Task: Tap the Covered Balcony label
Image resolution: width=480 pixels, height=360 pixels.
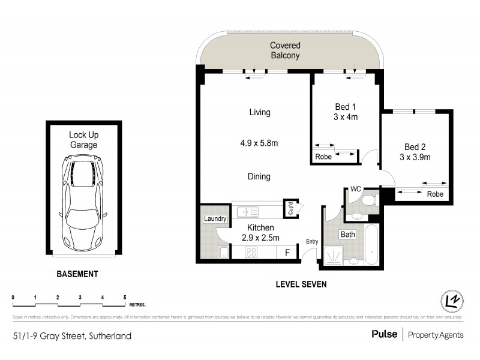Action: [285, 50]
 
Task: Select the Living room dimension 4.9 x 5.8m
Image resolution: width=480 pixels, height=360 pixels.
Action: [259, 143]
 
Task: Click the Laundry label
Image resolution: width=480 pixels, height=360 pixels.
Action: [215, 219]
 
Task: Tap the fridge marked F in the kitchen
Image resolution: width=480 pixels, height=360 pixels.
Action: [287, 253]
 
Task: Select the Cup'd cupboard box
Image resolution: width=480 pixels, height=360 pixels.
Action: [290, 208]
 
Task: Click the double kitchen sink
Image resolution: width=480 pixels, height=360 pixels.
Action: [247, 211]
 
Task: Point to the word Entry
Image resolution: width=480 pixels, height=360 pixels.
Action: [312, 241]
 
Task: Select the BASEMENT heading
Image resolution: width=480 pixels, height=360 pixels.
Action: [77, 274]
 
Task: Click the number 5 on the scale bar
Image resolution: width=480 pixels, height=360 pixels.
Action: [125, 298]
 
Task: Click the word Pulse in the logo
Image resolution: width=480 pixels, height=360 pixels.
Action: [384, 335]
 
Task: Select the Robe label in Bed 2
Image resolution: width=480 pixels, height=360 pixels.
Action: [435, 194]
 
